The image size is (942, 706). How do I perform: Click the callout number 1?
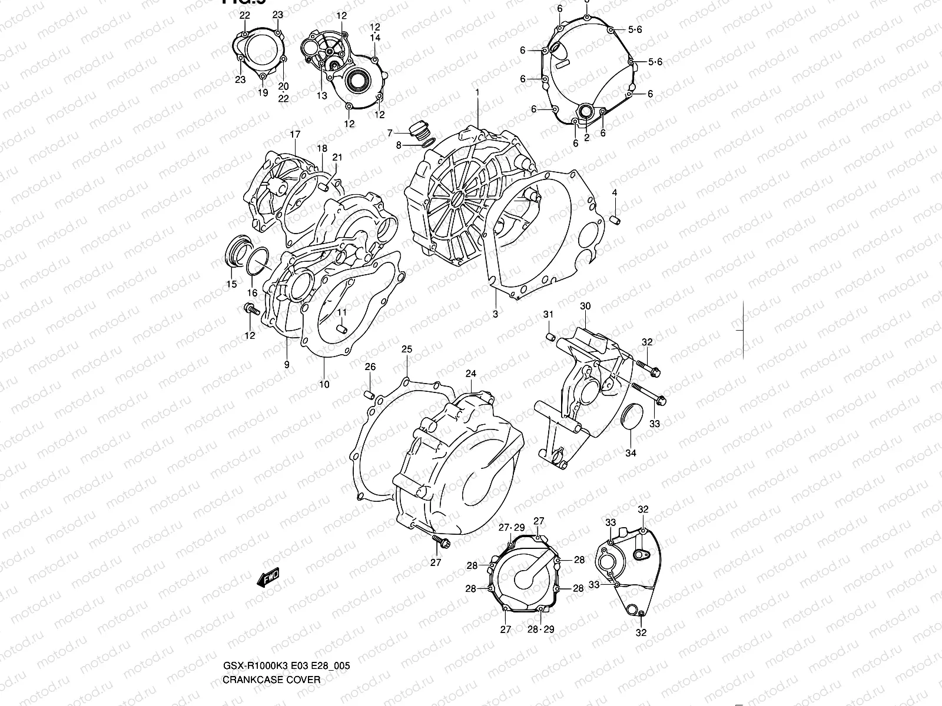[477, 92]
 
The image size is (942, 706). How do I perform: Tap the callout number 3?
[495, 314]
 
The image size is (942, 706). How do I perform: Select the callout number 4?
[614, 192]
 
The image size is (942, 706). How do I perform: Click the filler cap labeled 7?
[419, 130]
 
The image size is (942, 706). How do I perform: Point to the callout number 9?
[287, 365]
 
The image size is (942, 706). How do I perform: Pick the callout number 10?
[324, 385]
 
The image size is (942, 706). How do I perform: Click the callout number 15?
[231, 284]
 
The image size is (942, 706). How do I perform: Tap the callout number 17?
[295, 135]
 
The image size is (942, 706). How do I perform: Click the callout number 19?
[263, 92]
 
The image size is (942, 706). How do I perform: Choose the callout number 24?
[471, 374]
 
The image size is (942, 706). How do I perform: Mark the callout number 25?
[407, 349]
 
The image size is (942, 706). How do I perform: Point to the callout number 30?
[585, 306]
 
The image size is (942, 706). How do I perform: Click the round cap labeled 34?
[631, 417]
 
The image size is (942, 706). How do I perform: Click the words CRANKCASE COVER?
[271, 680]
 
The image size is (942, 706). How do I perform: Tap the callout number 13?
[321, 95]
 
